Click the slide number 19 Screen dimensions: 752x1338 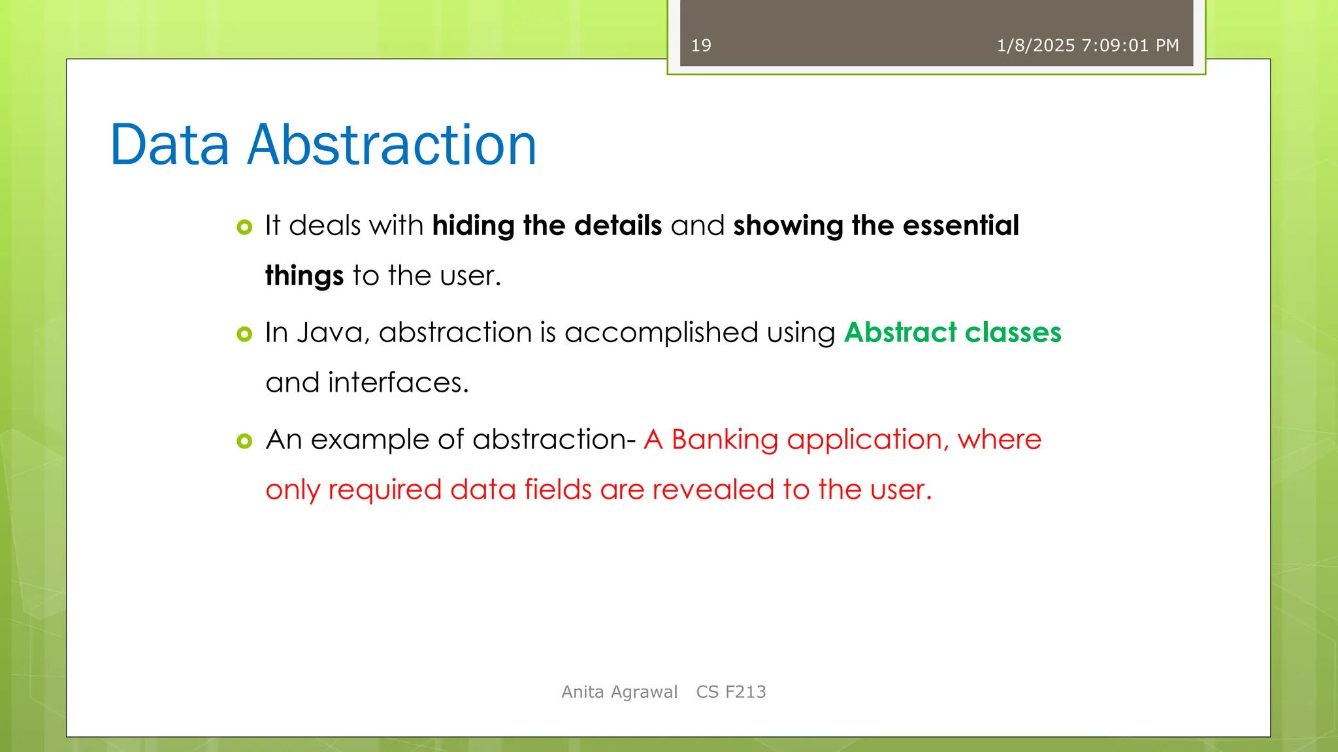click(x=701, y=46)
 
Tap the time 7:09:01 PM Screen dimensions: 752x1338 click(x=1130, y=46)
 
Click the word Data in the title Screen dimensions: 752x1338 click(x=170, y=145)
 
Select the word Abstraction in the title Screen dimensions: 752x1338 click(x=392, y=145)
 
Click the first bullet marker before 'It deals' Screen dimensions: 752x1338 click(x=244, y=227)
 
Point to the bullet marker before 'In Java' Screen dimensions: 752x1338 click(x=244, y=334)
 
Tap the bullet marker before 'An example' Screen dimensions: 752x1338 click(x=244, y=441)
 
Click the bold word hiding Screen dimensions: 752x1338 click(x=474, y=226)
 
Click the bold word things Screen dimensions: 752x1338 click(x=304, y=276)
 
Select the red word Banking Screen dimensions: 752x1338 click(x=725, y=440)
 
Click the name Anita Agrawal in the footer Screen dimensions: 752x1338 click(x=619, y=692)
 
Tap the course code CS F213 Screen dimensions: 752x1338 click(x=731, y=692)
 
